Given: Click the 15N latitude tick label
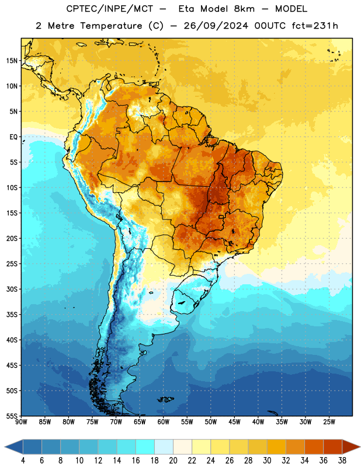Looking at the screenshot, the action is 12,61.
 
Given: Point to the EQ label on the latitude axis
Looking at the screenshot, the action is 13,137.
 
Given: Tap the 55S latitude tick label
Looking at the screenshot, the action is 12,416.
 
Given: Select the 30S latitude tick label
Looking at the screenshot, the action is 12,289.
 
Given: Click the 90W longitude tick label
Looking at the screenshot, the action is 21,421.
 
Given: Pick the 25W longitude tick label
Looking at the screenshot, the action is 329,421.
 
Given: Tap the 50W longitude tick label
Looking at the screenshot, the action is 210,421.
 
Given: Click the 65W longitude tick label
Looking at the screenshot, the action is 140,421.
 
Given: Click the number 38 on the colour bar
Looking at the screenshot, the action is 342,461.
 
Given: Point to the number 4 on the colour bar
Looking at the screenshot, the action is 23,461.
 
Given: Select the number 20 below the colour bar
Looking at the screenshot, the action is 173,461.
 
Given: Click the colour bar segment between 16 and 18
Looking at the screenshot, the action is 145,447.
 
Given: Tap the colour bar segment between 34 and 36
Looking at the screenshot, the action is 314,447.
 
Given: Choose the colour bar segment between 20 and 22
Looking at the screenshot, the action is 182,447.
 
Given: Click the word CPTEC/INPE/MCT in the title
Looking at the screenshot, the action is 109,9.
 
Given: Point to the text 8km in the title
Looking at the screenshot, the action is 244,9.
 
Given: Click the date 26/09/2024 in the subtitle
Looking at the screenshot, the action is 216,26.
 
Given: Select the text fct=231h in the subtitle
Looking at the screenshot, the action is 315,26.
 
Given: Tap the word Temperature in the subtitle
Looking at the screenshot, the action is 111,26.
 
